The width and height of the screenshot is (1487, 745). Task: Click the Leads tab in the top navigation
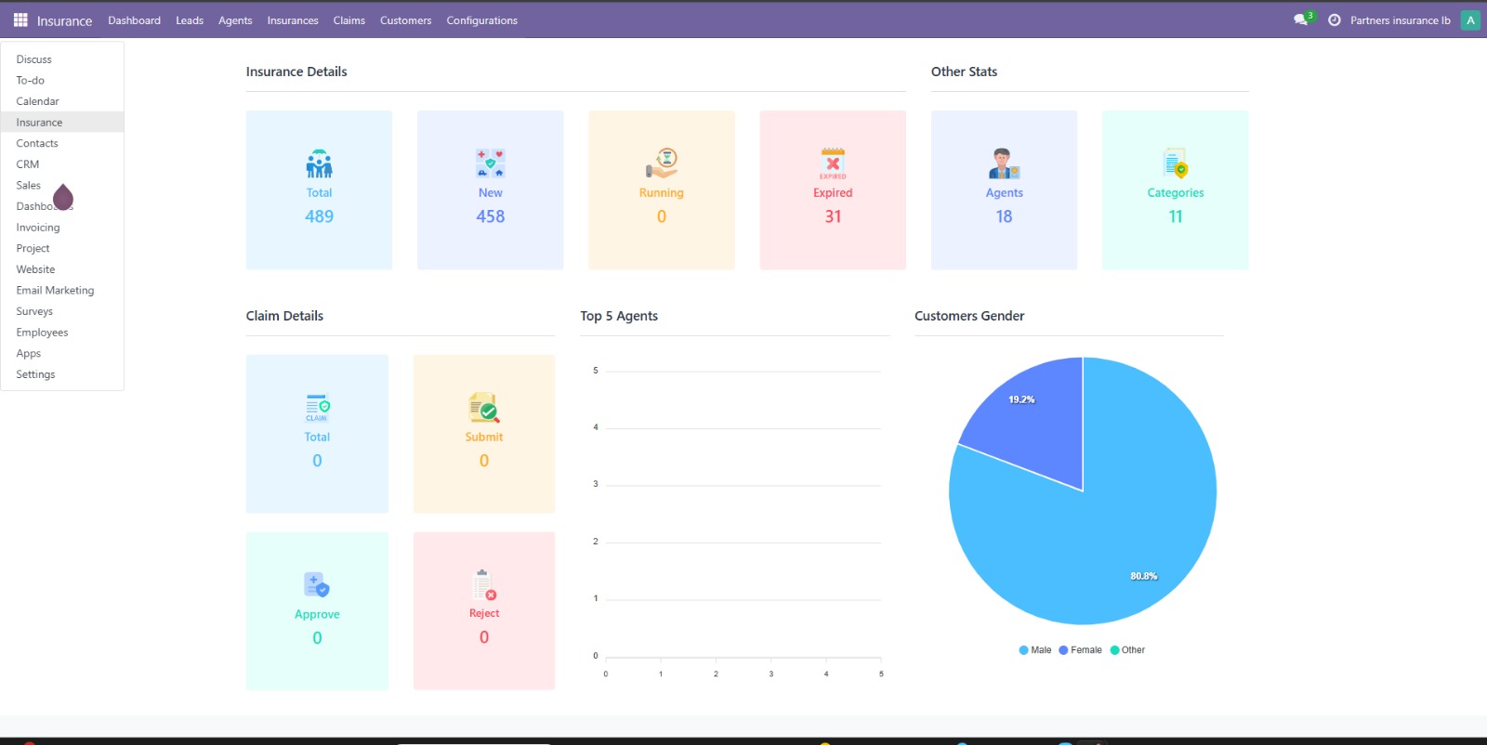190,20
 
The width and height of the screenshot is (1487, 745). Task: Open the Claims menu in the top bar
349,20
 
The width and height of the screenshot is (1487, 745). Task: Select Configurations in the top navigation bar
481,20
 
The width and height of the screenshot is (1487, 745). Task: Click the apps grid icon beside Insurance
20,20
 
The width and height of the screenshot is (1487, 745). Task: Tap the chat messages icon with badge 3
1300,20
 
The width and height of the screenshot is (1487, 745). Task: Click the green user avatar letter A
1470,20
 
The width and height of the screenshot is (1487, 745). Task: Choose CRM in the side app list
28,164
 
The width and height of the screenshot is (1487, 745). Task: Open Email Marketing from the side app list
55,291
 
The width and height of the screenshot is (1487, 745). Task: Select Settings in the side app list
35,374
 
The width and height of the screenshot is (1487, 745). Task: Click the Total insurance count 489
319,216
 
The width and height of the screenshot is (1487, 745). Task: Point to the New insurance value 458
490,216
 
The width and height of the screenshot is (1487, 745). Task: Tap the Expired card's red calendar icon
833,163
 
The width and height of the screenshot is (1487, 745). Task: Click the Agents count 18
1004,216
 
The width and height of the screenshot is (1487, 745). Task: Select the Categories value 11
1176,216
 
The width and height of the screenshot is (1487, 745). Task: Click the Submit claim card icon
484,407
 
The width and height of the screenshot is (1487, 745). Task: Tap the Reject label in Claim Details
484,613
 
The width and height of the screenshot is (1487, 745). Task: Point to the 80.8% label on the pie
1144,576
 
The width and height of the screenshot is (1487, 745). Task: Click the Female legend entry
1081,650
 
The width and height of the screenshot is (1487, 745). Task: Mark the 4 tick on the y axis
596,427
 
